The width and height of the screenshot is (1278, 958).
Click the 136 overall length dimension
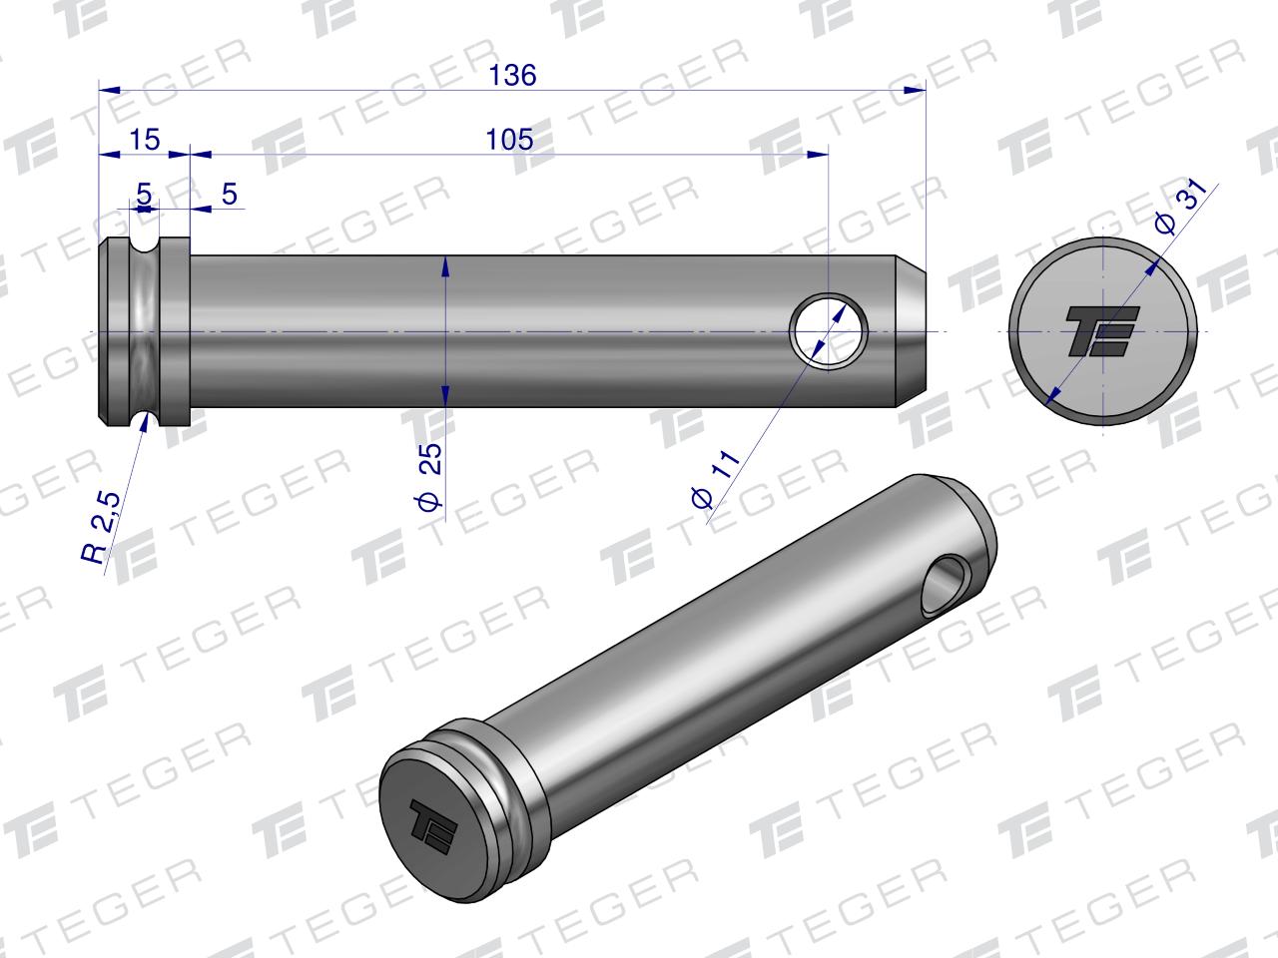(512, 76)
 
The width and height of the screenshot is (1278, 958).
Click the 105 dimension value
(509, 140)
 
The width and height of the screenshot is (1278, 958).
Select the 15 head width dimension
(144, 140)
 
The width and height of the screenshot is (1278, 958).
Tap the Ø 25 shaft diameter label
(430, 477)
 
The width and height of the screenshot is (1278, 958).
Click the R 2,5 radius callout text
(101, 528)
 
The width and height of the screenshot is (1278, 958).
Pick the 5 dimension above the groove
(144, 194)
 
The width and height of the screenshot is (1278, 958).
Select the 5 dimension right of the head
(230, 194)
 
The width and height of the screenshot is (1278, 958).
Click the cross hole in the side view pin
(829, 331)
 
